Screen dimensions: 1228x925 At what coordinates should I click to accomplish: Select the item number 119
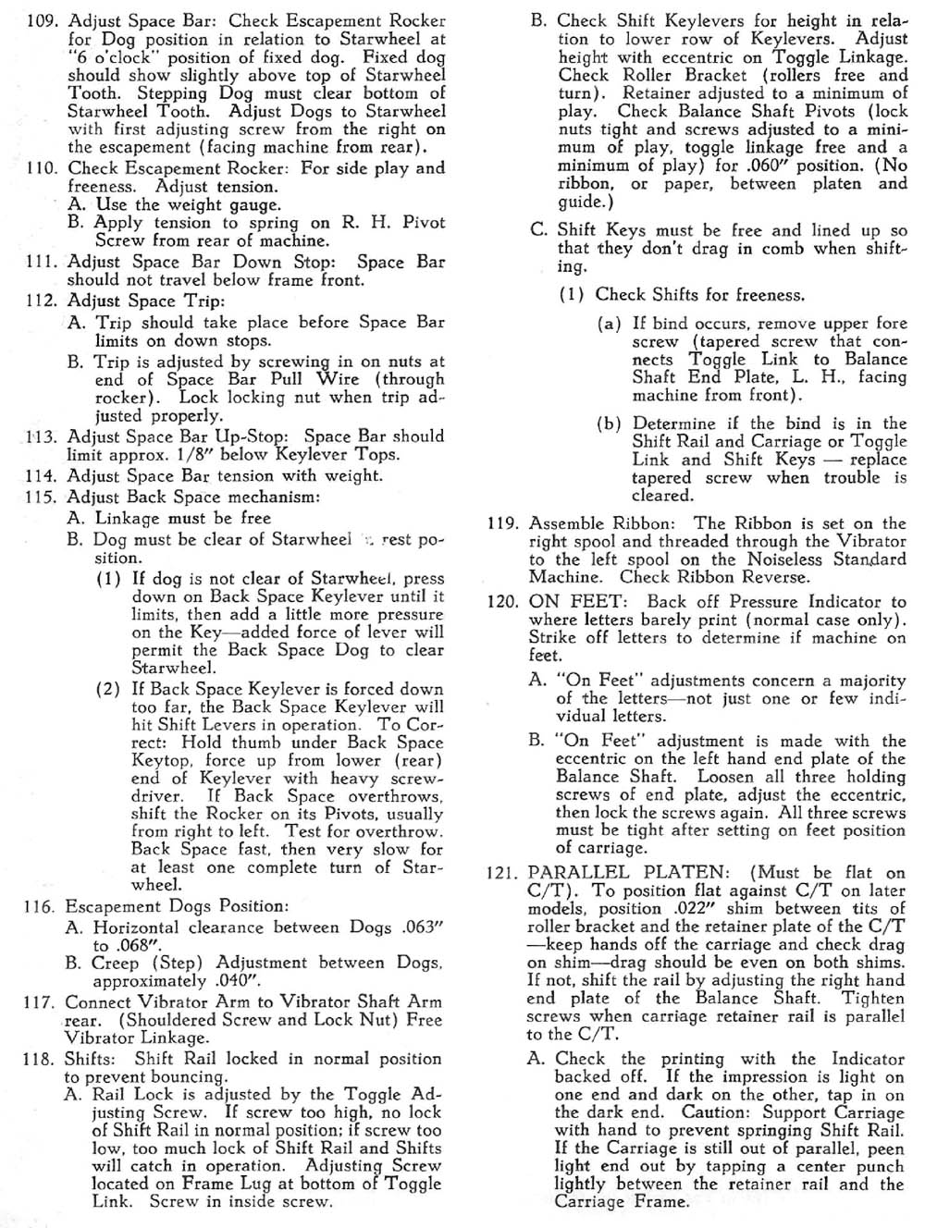click(504, 523)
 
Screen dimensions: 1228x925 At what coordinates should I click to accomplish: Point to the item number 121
click(504, 872)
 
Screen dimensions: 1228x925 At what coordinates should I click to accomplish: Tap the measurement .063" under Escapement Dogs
click(421, 927)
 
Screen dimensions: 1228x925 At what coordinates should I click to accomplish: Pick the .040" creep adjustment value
click(238, 982)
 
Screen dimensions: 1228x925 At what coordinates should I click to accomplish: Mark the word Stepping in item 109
click(173, 93)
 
